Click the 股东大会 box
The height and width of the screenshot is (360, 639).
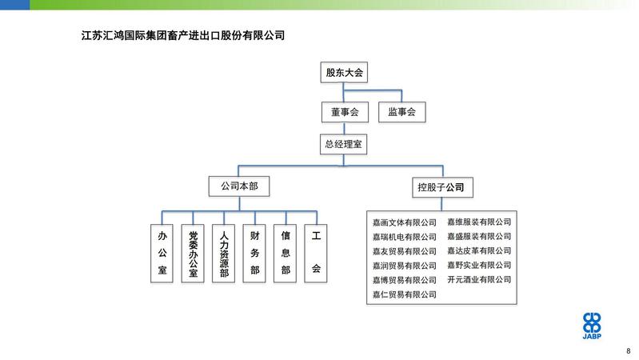coord(344,73)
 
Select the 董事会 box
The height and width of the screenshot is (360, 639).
coord(345,112)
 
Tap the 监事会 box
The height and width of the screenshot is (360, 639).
coord(401,112)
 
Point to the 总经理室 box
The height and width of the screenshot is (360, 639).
coord(344,144)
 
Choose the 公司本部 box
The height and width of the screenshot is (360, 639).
coord(239,186)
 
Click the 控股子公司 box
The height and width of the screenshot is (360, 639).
coord(442,187)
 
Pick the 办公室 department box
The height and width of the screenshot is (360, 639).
coord(162,253)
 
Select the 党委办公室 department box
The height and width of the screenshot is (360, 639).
coord(193,253)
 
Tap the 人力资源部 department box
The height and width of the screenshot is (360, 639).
coord(223,253)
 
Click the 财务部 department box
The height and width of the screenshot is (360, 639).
coord(254,253)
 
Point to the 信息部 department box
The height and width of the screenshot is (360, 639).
coord(285,253)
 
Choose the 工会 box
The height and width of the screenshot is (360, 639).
coord(316,253)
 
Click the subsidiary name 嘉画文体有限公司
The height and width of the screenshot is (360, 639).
coord(404,222)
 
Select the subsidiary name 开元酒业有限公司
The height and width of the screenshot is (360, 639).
coord(479,280)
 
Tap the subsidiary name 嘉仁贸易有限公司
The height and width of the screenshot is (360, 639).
coord(404,294)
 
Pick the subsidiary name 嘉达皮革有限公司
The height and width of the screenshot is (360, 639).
coord(479,250)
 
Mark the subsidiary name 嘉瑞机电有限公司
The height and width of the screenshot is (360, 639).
coord(404,237)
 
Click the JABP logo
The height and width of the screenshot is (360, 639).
coord(592,326)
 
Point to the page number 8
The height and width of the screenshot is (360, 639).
coord(629,351)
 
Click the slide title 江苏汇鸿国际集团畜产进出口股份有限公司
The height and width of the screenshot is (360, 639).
coord(183,35)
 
